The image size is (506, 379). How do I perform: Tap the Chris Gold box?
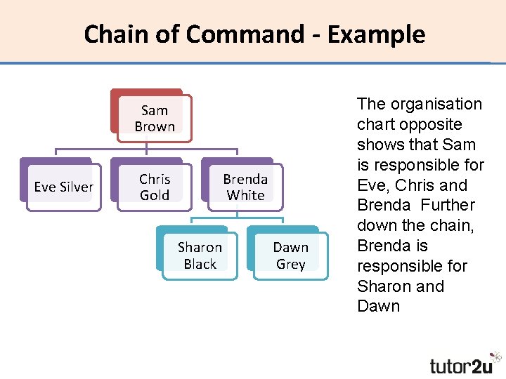click(154, 187)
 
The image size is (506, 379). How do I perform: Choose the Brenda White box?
click(245, 187)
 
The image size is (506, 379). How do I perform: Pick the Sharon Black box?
click(200, 255)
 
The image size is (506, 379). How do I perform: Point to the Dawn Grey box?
click(290, 255)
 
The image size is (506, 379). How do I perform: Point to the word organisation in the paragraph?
click(436, 104)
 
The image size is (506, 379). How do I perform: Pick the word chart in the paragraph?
click(375, 124)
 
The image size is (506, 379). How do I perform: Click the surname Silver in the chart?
click(77, 187)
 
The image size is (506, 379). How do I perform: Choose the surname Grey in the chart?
click(290, 264)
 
